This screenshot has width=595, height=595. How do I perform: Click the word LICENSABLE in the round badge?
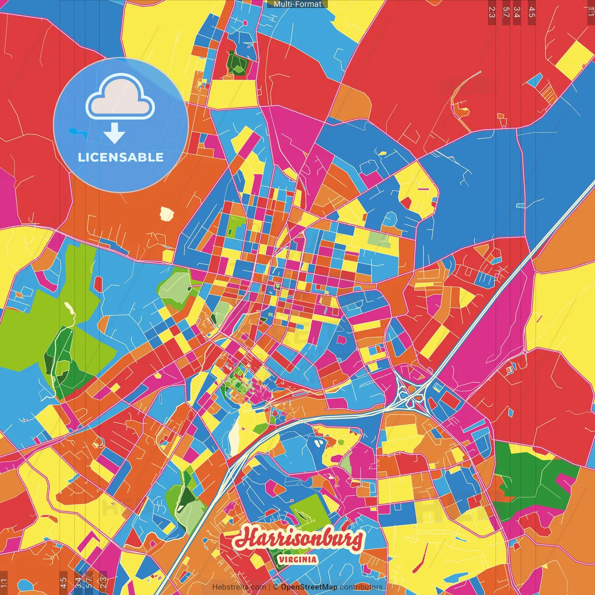tap(121, 157)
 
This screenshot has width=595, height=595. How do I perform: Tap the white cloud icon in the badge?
tap(120, 97)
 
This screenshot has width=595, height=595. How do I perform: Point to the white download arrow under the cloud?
tap(114, 134)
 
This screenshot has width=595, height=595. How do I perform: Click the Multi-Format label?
tap(297, 4)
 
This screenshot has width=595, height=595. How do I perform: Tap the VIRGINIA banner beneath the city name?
tap(297, 560)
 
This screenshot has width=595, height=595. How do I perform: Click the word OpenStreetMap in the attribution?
tap(309, 587)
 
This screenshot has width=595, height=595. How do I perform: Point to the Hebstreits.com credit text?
tap(239, 587)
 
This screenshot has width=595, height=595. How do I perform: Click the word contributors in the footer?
tap(361, 587)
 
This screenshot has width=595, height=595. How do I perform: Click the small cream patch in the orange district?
tap(166, 214)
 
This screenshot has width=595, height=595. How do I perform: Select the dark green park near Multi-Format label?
tap(237, 63)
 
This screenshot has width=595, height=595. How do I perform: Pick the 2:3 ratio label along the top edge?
tap(492, 12)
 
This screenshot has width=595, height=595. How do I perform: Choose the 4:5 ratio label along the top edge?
tap(532, 12)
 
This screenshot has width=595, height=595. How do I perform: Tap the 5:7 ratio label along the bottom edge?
tap(88, 582)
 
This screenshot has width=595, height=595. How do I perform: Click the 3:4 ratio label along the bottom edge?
tap(78, 582)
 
